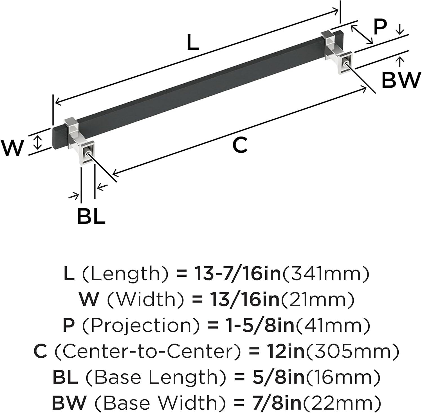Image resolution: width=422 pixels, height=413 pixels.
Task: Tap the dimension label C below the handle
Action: tap(240, 145)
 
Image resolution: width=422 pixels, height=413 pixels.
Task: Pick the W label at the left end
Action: tap(12, 148)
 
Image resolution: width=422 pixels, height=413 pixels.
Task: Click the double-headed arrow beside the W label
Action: tap(37, 142)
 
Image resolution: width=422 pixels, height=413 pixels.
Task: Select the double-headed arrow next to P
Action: tap(362, 34)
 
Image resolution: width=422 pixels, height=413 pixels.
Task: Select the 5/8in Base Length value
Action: tap(276, 377)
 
